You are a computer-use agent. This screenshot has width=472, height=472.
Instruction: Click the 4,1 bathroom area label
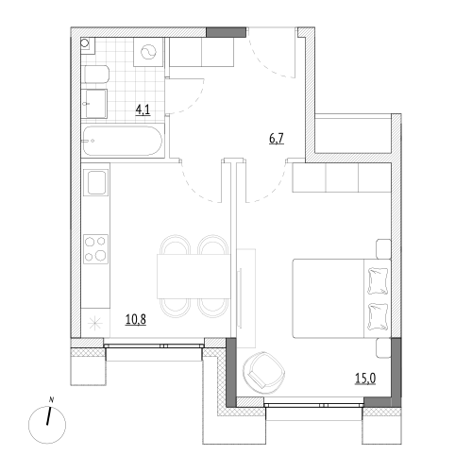tap(143, 110)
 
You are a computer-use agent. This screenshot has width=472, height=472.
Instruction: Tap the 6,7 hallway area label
tap(277, 138)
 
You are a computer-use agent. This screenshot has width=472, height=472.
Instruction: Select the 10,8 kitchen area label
tap(136, 319)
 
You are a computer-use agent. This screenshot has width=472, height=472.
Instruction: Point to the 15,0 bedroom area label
tap(365, 379)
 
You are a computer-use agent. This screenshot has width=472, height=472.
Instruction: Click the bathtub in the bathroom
tap(123, 141)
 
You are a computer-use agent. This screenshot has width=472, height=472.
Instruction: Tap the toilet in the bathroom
tap(95, 75)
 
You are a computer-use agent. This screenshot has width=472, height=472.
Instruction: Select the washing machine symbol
tap(148, 52)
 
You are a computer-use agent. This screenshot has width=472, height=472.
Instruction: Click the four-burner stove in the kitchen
tap(95, 249)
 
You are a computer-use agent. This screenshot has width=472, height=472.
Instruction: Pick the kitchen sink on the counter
tap(95, 182)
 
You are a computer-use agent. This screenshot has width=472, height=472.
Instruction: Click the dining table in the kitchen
tap(194, 277)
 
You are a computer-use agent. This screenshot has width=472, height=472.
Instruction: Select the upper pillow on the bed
tap(378, 281)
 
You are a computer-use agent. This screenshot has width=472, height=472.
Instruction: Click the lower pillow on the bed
tap(378, 317)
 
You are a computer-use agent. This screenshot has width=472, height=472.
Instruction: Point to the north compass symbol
tap(47, 425)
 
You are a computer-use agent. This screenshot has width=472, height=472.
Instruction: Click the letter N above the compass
tap(51, 400)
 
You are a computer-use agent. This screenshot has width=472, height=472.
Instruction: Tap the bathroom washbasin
tap(94, 104)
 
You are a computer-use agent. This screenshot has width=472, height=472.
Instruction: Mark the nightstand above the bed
tap(383, 249)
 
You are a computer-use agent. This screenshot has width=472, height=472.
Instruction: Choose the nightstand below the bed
tap(383, 348)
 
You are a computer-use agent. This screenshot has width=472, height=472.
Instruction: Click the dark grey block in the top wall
tap(226, 32)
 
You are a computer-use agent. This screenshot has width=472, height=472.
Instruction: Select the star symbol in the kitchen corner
tap(94, 324)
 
